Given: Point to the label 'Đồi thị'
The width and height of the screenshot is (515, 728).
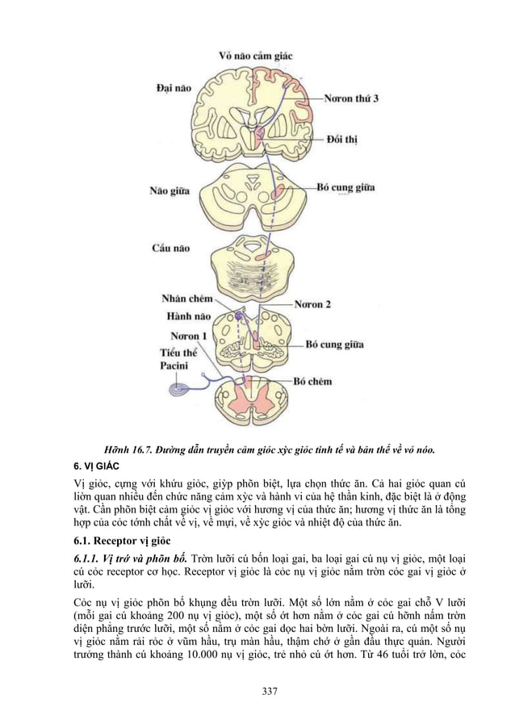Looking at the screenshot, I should pyautogui.click(x=341, y=140).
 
